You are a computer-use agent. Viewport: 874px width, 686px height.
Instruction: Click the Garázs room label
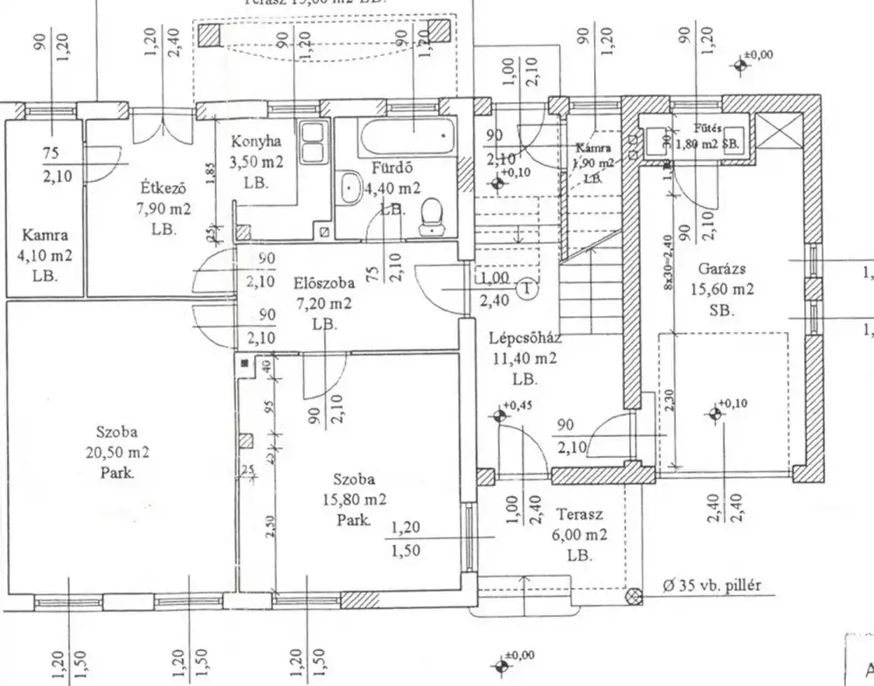pos(721,270)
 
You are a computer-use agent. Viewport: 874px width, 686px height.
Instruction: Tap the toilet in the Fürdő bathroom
pos(432,218)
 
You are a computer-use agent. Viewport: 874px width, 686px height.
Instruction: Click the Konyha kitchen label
pos(255,142)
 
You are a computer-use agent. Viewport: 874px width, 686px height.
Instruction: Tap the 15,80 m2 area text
pos(354,499)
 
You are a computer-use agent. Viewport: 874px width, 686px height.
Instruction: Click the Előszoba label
pos(323,284)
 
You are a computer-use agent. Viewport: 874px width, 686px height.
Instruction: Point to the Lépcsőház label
pos(524,338)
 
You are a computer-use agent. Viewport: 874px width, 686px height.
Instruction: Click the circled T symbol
pos(528,288)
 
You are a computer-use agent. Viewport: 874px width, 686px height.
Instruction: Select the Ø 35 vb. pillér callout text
pos(707,586)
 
